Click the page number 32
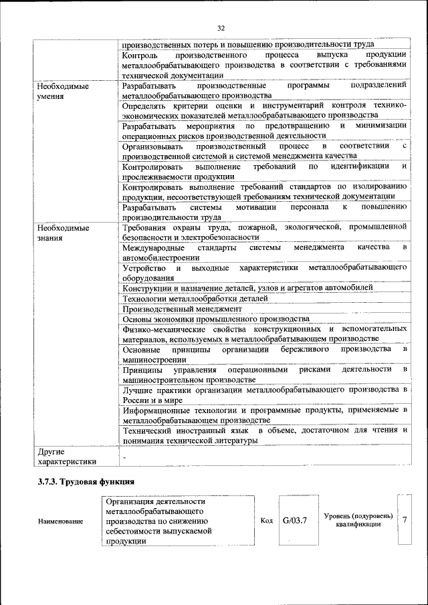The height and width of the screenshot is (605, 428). click(221, 27)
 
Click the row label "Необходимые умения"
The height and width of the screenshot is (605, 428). click(63, 91)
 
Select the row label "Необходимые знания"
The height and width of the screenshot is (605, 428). click(63, 232)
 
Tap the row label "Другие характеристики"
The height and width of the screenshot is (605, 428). click(67, 457)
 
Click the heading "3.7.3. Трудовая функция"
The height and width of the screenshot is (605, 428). click(86, 481)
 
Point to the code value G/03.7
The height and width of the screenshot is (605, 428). click(294, 520)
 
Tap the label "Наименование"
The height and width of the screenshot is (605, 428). click(61, 521)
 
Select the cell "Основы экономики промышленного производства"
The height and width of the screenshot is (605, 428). click(215, 319)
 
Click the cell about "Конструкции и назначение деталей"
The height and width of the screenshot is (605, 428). click(247, 287)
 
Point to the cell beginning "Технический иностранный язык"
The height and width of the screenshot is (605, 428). click(265, 436)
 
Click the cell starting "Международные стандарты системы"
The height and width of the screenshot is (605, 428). click(265, 252)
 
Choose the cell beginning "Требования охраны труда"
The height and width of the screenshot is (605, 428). click(265, 231)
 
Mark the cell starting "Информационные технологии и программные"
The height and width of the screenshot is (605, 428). click(265, 415)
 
